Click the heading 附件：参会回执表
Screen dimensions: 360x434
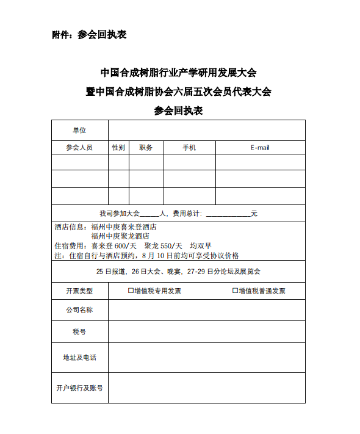coord(89,35)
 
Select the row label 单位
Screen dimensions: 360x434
coord(79,130)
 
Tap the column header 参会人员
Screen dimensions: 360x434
coord(79,148)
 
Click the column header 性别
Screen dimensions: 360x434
coord(118,148)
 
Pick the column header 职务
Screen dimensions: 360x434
coord(146,148)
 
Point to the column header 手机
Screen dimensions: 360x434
coord(189,148)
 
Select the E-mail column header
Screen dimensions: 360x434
coord(260,148)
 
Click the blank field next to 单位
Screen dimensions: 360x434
coord(206,130)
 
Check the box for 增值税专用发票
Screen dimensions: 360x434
coord(131,291)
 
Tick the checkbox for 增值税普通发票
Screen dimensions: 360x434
coord(235,291)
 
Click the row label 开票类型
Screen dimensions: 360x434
coord(79,291)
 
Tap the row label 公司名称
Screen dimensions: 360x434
coord(79,310)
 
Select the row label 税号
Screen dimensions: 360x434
coord(79,331)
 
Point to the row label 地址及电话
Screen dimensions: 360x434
coord(79,357)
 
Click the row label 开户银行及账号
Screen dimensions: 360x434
coord(79,388)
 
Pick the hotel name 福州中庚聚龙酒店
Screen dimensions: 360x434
coord(120,236)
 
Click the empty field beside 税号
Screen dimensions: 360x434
coord(206,331)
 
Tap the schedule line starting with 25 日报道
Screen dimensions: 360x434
coord(178,271)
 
